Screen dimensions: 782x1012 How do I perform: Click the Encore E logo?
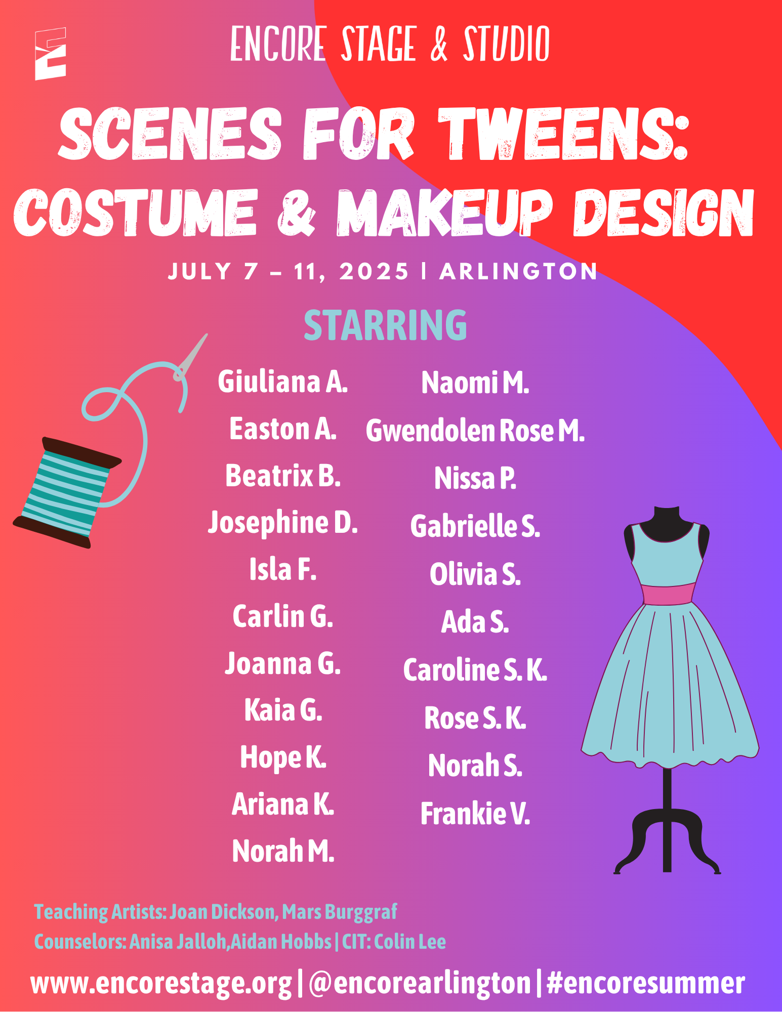[51, 53]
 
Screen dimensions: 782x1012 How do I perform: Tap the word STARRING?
[385, 325]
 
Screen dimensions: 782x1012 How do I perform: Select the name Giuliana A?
[283, 382]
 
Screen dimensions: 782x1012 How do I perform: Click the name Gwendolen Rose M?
[475, 430]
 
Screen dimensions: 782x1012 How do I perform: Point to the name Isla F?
[283, 569]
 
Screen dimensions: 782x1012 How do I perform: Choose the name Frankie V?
[475, 814]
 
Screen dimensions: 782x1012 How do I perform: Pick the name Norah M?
[283, 851]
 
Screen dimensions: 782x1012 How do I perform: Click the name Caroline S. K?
[475, 670]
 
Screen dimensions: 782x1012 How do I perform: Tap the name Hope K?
[283, 757]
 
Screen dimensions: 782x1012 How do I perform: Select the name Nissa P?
[475, 478]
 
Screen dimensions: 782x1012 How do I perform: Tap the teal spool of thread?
[67, 492]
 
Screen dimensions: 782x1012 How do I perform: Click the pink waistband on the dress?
[668, 594]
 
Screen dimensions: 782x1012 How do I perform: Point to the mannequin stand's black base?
[667, 840]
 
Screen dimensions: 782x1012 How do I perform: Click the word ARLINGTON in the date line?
[519, 272]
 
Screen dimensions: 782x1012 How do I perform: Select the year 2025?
[374, 272]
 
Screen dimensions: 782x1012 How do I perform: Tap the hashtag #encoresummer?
[646, 983]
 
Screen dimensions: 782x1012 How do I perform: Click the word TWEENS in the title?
[563, 134]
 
